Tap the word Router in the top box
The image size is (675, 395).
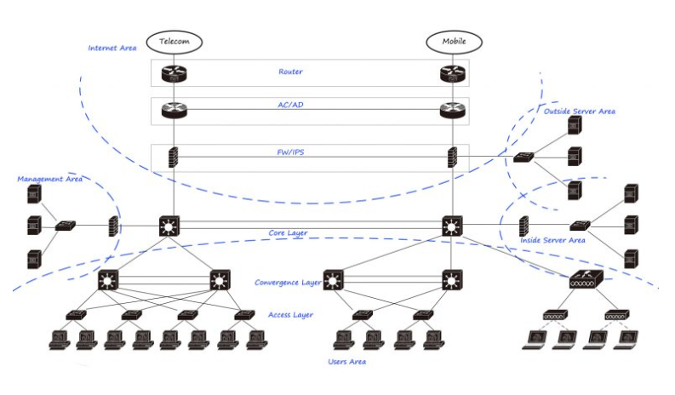290,72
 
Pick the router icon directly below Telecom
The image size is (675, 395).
174,73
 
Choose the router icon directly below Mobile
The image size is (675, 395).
451,73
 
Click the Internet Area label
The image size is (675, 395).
112,48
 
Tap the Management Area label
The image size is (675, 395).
49,180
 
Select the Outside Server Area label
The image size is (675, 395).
579,112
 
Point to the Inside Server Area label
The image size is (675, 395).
552,241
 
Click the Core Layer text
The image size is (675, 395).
289,232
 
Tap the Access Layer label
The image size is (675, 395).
289,315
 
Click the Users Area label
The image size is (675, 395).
346,362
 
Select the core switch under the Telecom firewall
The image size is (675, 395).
171,226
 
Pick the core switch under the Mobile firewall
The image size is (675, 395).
452,226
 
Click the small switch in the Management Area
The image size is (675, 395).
65,226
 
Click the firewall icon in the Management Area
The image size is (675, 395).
113,226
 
